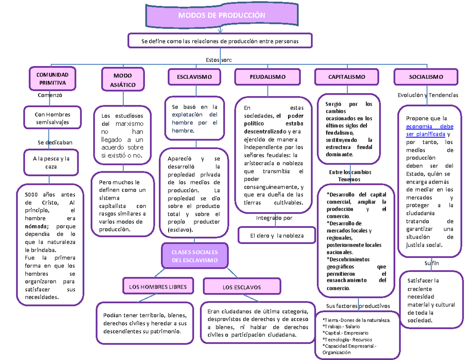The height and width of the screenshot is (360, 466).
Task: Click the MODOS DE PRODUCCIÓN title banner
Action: pos(221,16)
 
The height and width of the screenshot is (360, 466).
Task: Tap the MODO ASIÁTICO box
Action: pos(123,80)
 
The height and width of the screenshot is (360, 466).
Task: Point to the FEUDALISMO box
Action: pos(267,77)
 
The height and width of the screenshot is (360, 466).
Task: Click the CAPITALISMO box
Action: pos(347,77)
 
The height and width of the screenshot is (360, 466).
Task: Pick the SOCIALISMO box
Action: pos(426,77)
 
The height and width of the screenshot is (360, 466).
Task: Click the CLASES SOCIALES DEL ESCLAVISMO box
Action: pos(195,256)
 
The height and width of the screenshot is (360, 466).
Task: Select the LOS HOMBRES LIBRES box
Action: pos(158,287)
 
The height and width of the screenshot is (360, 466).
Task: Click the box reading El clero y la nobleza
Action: pos(277,236)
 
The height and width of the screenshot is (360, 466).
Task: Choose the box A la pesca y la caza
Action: pos(49,163)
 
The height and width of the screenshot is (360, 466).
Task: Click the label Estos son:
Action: pos(219,60)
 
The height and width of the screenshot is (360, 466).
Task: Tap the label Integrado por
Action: pos(274,218)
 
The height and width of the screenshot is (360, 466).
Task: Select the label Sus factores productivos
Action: pos(358,306)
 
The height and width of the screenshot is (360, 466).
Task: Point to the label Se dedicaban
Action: pos(55,143)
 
